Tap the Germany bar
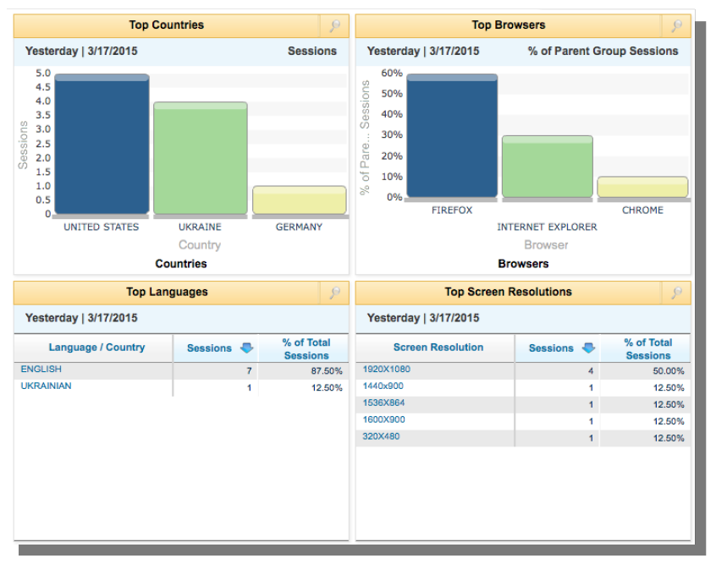pos(299,200)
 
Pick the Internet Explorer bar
pos(547,167)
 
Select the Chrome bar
pos(642,187)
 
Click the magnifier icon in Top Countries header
pos(335,26)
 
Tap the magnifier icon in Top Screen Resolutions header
pos(677,293)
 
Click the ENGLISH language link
pos(41,370)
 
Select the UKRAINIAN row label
pos(47,386)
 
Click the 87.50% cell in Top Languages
pos(327,371)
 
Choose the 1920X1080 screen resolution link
pos(387,370)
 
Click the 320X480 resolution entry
pos(381,437)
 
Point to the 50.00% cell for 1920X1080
pos(668,371)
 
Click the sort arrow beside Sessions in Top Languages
pos(246,348)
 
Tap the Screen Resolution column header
pos(438,348)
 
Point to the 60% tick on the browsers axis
pos(392,74)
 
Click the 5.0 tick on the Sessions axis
pos(42,74)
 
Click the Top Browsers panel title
pos(508,25)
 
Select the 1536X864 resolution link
pos(383,403)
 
